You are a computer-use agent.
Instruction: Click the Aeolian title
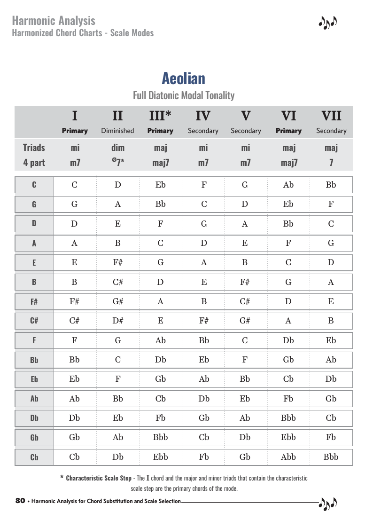click(x=184, y=78)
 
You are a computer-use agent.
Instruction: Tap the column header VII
click(x=331, y=116)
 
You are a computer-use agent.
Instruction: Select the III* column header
click(x=160, y=116)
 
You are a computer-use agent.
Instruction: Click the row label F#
click(x=34, y=302)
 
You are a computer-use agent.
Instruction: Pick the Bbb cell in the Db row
click(x=288, y=418)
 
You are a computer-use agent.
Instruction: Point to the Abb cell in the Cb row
click(x=288, y=457)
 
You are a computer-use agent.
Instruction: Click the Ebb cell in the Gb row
click(x=288, y=437)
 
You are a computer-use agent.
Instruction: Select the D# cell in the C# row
click(x=118, y=321)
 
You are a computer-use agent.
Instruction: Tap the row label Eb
click(x=34, y=379)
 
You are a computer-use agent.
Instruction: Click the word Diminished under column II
click(x=117, y=131)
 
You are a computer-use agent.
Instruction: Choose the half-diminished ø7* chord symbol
click(x=117, y=163)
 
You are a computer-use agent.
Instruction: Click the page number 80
click(x=20, y=501)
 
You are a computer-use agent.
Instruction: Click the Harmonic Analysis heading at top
click(x=54, y=21)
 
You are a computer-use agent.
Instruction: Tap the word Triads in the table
click(x=34, y=148)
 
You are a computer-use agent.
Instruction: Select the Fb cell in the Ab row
click(x=288, y=399)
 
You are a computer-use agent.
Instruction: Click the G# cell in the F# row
click(x=118, y=302)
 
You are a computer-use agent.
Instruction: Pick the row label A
click(x=34, y=244)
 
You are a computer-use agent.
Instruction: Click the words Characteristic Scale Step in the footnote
click(x=99, y=478)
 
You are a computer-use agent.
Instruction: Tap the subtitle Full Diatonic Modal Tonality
click(x=184, y=95)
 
